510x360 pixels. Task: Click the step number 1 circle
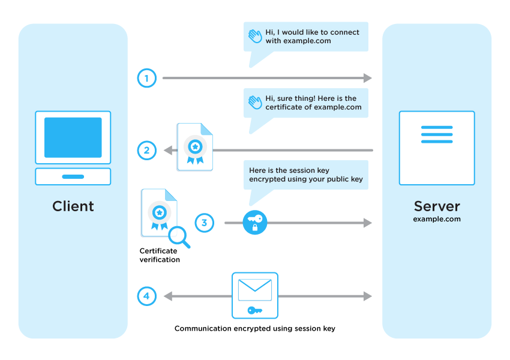[146, 78]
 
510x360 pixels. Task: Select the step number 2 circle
[146, 150]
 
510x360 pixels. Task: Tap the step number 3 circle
[204, 223]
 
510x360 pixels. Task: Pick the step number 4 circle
[146, 296]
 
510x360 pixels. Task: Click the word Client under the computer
[73, 206]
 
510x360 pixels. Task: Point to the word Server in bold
[437, 206]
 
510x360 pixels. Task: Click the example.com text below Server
[437, 220]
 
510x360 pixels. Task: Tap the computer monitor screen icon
[73, 137]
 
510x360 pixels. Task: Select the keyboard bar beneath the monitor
[73, 176]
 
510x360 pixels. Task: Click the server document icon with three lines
[437, 148]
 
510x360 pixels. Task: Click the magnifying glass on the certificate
[178, 236]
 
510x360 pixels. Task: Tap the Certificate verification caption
[160, 255]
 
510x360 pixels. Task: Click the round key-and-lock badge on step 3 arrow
[255, 223]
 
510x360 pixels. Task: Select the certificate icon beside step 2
[195, 147]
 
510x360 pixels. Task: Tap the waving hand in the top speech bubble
[256, 37]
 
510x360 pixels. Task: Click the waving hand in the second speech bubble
[256, 103]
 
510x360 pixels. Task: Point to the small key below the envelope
[255, 310]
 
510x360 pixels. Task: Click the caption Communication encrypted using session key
[255, 328]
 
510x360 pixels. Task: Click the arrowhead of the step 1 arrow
[367, 78]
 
